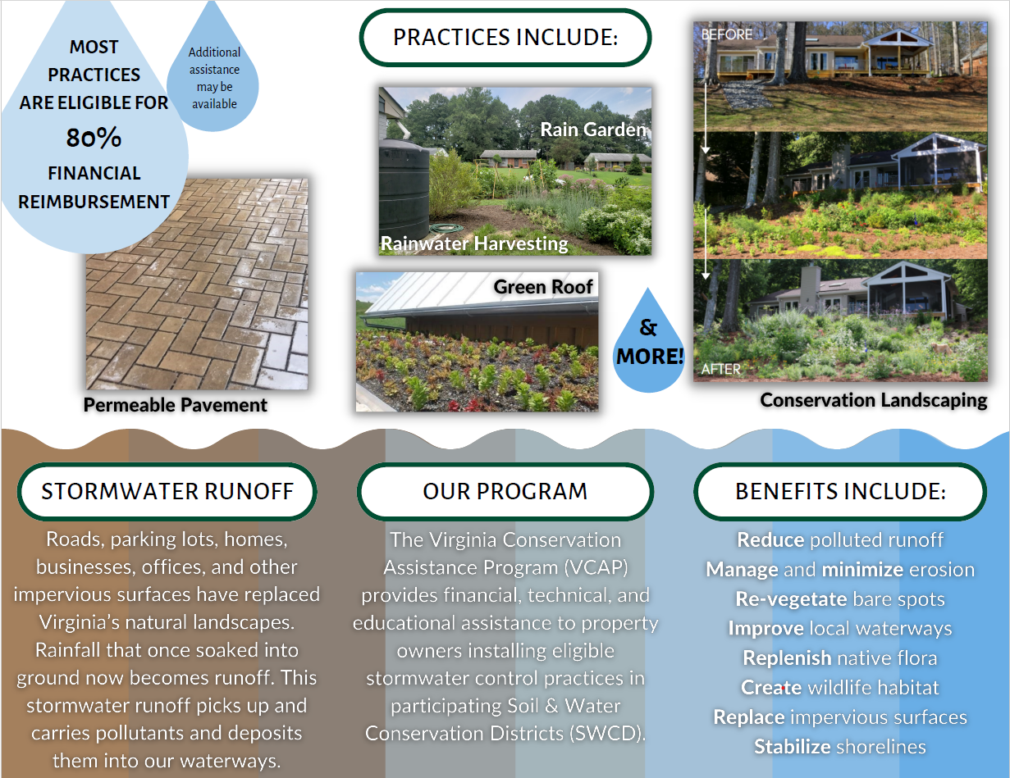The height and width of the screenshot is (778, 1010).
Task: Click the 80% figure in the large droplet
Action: (94, 139)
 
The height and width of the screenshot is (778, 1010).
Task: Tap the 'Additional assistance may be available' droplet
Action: (213, 78)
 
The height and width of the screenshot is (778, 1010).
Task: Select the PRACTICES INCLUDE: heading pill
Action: (505, 38)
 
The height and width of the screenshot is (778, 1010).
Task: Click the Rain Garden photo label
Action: (593, 130)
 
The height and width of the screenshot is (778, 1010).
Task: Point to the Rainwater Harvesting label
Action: (474, 243)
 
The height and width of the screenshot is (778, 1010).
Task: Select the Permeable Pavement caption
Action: (176, 405)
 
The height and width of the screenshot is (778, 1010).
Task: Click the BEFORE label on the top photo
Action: (726, 34)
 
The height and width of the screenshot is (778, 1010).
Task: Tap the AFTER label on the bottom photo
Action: (720, 370)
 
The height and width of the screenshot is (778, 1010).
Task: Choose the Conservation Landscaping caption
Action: (873, 400)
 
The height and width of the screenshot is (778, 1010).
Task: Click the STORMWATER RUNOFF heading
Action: (167, 491)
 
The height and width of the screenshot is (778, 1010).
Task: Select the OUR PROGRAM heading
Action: (505, 491)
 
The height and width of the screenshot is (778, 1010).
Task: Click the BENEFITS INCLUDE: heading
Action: (840, 491)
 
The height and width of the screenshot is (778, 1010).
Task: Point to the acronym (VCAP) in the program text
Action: (597, 567)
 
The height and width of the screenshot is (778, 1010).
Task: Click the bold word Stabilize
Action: (793, 747)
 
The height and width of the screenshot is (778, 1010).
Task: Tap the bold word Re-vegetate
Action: (789, 599)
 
